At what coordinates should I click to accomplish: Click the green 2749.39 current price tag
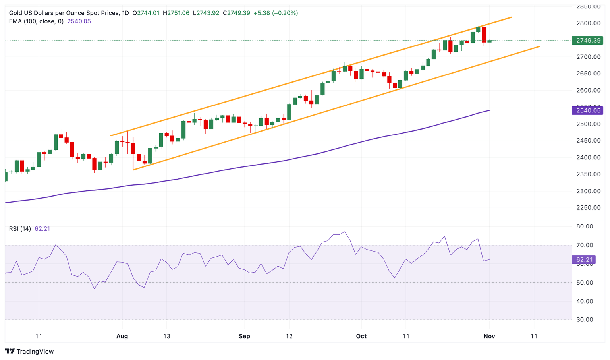pyautogui.click(x=588, y=41)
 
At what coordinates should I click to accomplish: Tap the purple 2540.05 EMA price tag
pyautogui.click(x=588, y=110)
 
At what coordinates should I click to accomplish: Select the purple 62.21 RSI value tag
pyautogui.click(x=584, y=260)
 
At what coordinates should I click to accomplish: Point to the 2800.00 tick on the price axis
pyautogui.click(x=589, y=23)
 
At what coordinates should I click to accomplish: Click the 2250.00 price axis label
pyautogui.click(x=589, y=208)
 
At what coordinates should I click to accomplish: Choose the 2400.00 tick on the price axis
pyautogui.click(x=589, y=157)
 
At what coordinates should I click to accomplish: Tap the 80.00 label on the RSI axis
pyautogui.click(x=585, y=226)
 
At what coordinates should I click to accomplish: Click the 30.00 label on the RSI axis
pyautogui.click(x=585, y=319)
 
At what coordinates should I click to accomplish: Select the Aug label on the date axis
pyautogui.click(x=122, y=336)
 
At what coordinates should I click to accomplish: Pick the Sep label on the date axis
pyautogui.click(x=244, y=336)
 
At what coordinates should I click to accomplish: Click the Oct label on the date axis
pyautogui.click(x=361, y=336)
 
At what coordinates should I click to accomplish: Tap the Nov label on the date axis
pyautogui.click(x=489, y=336)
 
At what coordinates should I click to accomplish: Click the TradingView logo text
pyautogui.click(x=29, y=352)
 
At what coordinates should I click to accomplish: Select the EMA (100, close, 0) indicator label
pyautogui.click(x=36, y=21)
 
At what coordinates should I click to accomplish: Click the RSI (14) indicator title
pyautogui.click(x=20, y=229)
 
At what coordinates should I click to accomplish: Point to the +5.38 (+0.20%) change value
pyautogui.click(x=276, y=13)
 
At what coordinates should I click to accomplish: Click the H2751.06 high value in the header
pyautogui.click(x=176, y=13)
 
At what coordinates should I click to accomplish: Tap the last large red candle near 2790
pyautogui.click(x=484, y=35)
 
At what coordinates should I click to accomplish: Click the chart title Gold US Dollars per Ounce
pyautogui.click(x=64, y=13)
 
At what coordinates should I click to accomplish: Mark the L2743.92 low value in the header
pyautogui.click(x=206, y=13)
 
